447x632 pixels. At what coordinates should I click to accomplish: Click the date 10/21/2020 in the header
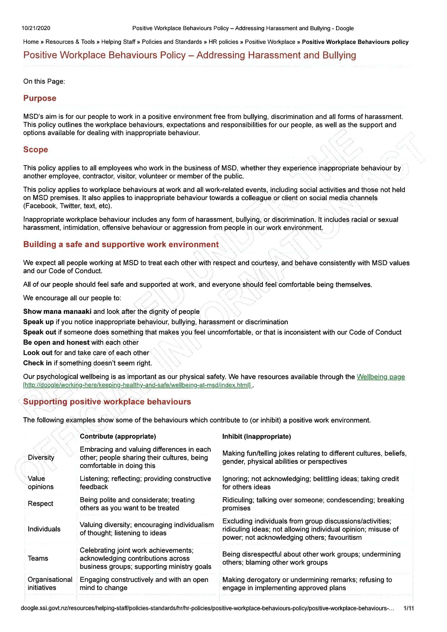pos(36,28)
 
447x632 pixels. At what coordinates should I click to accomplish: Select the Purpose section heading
pos(40,98)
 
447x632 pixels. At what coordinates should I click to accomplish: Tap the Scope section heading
pos(35,149)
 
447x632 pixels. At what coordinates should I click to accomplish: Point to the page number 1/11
pos(408,608)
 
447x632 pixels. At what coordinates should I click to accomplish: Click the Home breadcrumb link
pos(31,42)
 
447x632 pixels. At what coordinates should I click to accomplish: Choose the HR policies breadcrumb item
pos(223,42)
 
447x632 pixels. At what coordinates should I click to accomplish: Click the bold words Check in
pos(37,363)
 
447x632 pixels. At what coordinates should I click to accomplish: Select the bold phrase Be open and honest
pos(56,342)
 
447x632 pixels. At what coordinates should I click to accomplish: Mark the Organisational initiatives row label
pos(50,584)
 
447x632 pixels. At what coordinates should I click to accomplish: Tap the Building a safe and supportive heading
pos(121,245)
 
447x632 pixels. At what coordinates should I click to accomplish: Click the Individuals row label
pos(44,529)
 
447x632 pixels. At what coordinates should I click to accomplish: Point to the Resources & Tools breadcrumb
pos(70,42)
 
